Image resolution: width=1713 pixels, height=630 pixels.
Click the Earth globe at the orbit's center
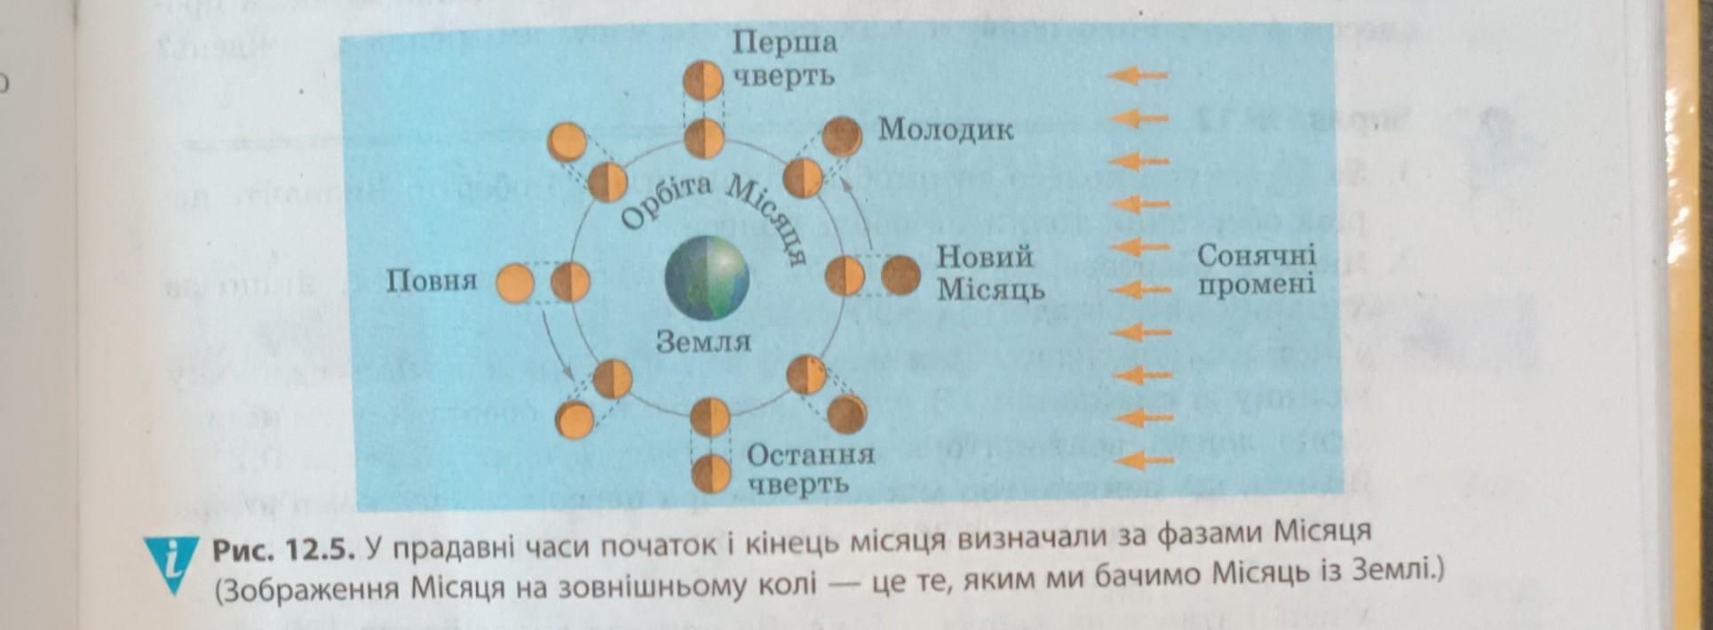pyautogui.click(x=707, y=279)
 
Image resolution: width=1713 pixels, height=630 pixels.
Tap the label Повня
pyautogui.click(x=432, y=282)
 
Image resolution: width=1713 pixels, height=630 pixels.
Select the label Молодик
pyautogui.click(x=946, y=131)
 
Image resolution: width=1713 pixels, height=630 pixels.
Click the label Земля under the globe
pyautogui.click(x=702, y=341)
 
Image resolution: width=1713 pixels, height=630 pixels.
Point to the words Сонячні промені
pyautogui.click(x=1256, y=270)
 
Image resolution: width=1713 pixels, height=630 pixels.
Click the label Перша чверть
pyautogui.click(x=784, y=59)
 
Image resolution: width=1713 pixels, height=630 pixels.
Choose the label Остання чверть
pyautogui.click(x=810, y=469)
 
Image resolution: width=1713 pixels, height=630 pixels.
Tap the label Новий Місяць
pyautogui.click(x=989, y=273)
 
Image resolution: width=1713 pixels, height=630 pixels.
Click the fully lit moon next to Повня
pyautogui.click(x=514, y=283)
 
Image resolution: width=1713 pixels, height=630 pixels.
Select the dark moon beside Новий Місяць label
pyautogui.click(x=900, y=275)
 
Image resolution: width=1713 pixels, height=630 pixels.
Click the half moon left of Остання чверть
pyautogui.click(x=710, y=473)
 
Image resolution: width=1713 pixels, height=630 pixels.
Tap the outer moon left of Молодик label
pyautogui.click(x=841, y=137)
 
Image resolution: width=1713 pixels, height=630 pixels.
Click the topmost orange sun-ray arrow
pyautogui.click(x=1136, y=76)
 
